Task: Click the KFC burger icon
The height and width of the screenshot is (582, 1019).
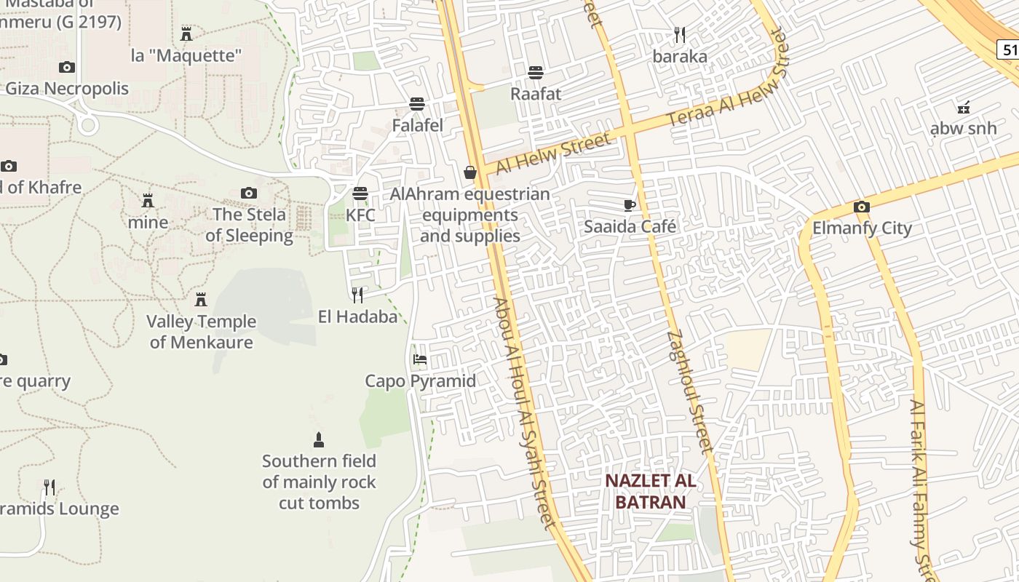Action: (360, 194)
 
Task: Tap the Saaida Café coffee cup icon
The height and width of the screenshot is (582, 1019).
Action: (630, 205)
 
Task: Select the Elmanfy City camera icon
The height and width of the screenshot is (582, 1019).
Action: (862, 207)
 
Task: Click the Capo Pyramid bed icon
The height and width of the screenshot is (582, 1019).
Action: (420, 359)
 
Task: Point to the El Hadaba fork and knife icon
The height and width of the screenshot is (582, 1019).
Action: (357, 295)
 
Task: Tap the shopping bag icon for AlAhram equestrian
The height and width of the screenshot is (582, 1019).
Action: (470, 172)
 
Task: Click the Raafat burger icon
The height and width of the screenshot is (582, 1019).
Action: (536, 72)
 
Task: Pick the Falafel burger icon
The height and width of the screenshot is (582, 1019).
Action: (417, 103)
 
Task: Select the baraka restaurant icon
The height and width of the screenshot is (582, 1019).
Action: (680, 34)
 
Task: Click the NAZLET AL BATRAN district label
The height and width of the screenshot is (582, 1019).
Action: (651, 491)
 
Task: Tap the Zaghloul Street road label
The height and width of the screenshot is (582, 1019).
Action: (689, 391)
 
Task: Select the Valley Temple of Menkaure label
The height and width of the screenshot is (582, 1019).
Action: (202, 332)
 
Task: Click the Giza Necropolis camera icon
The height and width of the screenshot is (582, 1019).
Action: (67, 67)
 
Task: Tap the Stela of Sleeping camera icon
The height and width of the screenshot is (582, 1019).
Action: (249, 193)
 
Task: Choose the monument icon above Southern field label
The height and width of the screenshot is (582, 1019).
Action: (318, 439)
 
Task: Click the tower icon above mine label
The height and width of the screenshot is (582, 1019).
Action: (148, 200)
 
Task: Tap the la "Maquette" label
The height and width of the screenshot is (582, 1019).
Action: (186, 55)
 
